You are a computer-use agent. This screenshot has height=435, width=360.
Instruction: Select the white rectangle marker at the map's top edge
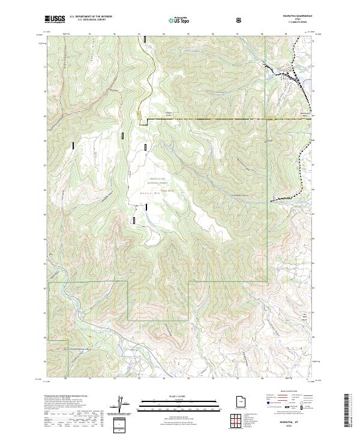pyautogui.click(x=146, y=39)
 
